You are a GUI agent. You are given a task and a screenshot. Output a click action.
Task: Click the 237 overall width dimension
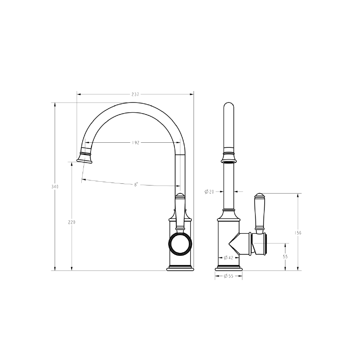click(135, 94)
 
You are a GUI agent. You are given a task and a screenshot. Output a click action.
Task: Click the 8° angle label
click(136, 184)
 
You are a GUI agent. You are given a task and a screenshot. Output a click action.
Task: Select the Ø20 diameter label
click(209, 192)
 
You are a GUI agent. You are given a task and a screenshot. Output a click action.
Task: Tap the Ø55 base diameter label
click(228, 276)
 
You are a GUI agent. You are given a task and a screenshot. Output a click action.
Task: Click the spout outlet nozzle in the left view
click(84, 158)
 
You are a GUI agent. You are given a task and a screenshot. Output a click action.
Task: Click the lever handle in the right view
click(259, 212)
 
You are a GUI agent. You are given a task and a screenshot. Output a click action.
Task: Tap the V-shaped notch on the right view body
click(234, 244)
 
